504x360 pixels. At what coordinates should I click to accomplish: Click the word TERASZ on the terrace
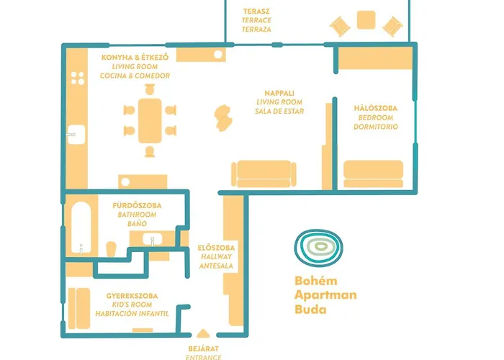[x=256, y=12]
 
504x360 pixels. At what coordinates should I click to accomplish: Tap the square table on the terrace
[x=366, y=20]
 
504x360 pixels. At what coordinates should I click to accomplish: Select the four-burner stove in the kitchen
[x=78, y=78]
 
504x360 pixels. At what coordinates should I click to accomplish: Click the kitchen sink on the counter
[x=76, y=135]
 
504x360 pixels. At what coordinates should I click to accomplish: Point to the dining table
[x=150, y=120]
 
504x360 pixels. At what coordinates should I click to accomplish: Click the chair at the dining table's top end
[x=150, y=89]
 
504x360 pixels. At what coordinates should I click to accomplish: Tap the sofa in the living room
[x=264, y=174]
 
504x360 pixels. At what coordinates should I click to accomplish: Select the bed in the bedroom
[x=373, y=174]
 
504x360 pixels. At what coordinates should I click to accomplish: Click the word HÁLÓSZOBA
[x=375, y=108]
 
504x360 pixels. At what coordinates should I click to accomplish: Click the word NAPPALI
[x=279, y=93]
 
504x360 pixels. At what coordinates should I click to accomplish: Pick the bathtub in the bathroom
[x=81, y=228]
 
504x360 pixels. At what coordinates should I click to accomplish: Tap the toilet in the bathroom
[x=111, y=249]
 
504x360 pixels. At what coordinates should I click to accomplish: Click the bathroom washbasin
[x=153, y=240]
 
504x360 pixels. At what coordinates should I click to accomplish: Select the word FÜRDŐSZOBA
[x=137, y=205]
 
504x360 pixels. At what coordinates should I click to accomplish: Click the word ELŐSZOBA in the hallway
[x=216, y=248]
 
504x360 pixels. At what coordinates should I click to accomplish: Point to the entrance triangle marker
[x=203, y=333]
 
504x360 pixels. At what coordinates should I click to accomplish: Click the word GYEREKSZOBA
[x=132, y=296]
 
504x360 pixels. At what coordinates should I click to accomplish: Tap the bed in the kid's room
[x=79, y=309]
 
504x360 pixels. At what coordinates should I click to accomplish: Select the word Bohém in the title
[x=312, y=281]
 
